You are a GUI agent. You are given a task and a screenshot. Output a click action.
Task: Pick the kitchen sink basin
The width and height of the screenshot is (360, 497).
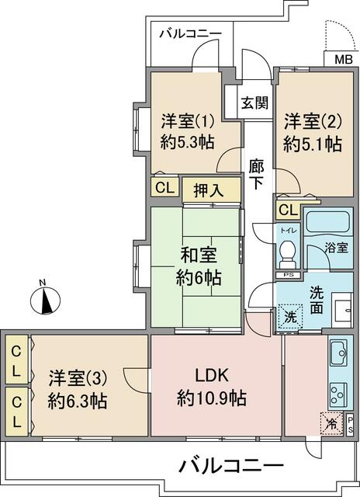339,356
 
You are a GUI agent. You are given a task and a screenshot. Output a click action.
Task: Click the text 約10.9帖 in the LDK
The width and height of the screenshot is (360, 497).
212,399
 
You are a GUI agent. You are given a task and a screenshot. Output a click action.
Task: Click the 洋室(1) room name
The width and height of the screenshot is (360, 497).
187,121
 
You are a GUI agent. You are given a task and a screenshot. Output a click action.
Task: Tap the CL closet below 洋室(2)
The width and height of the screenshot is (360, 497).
286,210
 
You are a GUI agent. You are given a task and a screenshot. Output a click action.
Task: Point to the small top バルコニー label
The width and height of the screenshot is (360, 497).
191,33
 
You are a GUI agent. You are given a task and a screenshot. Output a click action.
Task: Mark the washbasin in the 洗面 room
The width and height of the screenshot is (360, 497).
341,311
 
